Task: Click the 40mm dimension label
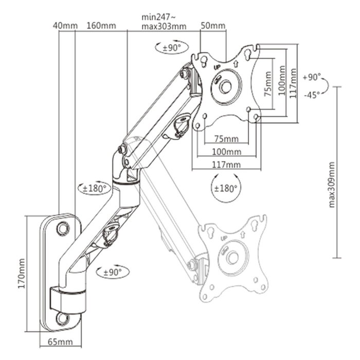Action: coord(65,25)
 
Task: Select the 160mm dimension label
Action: coord(101,25)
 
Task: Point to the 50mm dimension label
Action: coord(213,25)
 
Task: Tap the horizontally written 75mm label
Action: coord(226,139)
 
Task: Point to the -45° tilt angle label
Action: coord(312,94)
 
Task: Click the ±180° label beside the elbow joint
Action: coord(94,188)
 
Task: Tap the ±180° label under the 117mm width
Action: coord(225,188)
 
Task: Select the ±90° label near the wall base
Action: coord(112,271)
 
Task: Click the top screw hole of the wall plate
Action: coord(63,226)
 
